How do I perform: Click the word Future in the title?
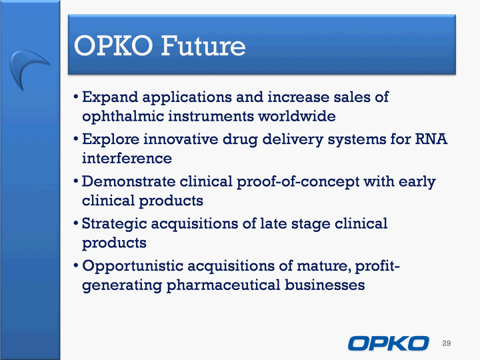coord(203,46)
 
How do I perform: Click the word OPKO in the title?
coord(113,46)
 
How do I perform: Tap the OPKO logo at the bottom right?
coord(388,343)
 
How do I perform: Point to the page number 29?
coord(446,343)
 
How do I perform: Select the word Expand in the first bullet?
coord(110,97)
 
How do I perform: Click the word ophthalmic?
coord(123,117)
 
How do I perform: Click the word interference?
coord(127,158)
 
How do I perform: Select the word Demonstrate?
coord(128,181)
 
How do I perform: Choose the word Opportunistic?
coord(133,266)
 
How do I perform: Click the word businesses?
coord(325,285)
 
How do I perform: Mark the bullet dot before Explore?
coord(76,139)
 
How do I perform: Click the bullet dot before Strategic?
coord(76,223)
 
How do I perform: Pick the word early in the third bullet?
coord(417,182)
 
